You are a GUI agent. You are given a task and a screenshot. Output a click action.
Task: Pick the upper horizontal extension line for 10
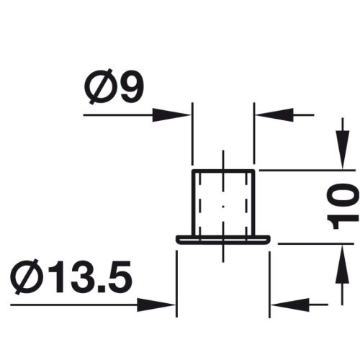(x=302, y=171)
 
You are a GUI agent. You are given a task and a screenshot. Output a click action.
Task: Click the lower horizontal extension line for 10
(x=310, y=243)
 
